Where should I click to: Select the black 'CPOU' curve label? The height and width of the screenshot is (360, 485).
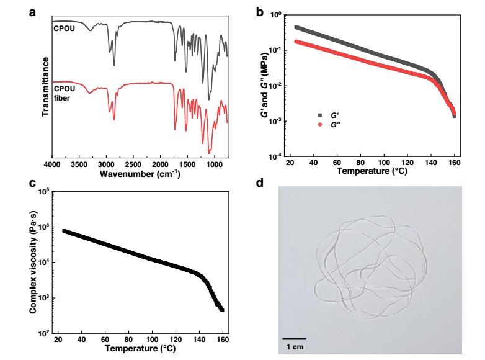tap(63, 29)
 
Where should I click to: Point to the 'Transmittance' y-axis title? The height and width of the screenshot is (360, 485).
tap(45, 87)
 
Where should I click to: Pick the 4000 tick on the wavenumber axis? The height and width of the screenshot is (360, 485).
tap(52, 164)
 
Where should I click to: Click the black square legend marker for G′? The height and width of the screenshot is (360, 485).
tap(320, 115)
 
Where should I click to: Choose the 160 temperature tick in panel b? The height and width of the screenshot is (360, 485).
tap(455, 164)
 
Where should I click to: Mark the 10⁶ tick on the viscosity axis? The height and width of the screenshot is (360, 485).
tap(43, 192)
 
